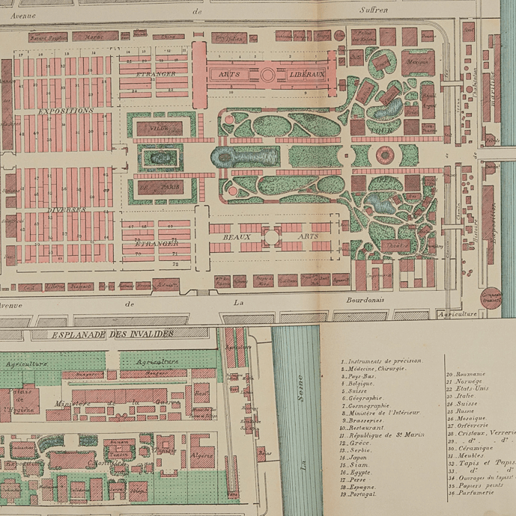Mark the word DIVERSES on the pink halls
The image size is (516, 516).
point(64,210)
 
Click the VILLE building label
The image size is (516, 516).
point(159,129)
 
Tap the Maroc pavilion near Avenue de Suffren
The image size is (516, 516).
point(94,36)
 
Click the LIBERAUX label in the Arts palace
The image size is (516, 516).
point(306,75)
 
